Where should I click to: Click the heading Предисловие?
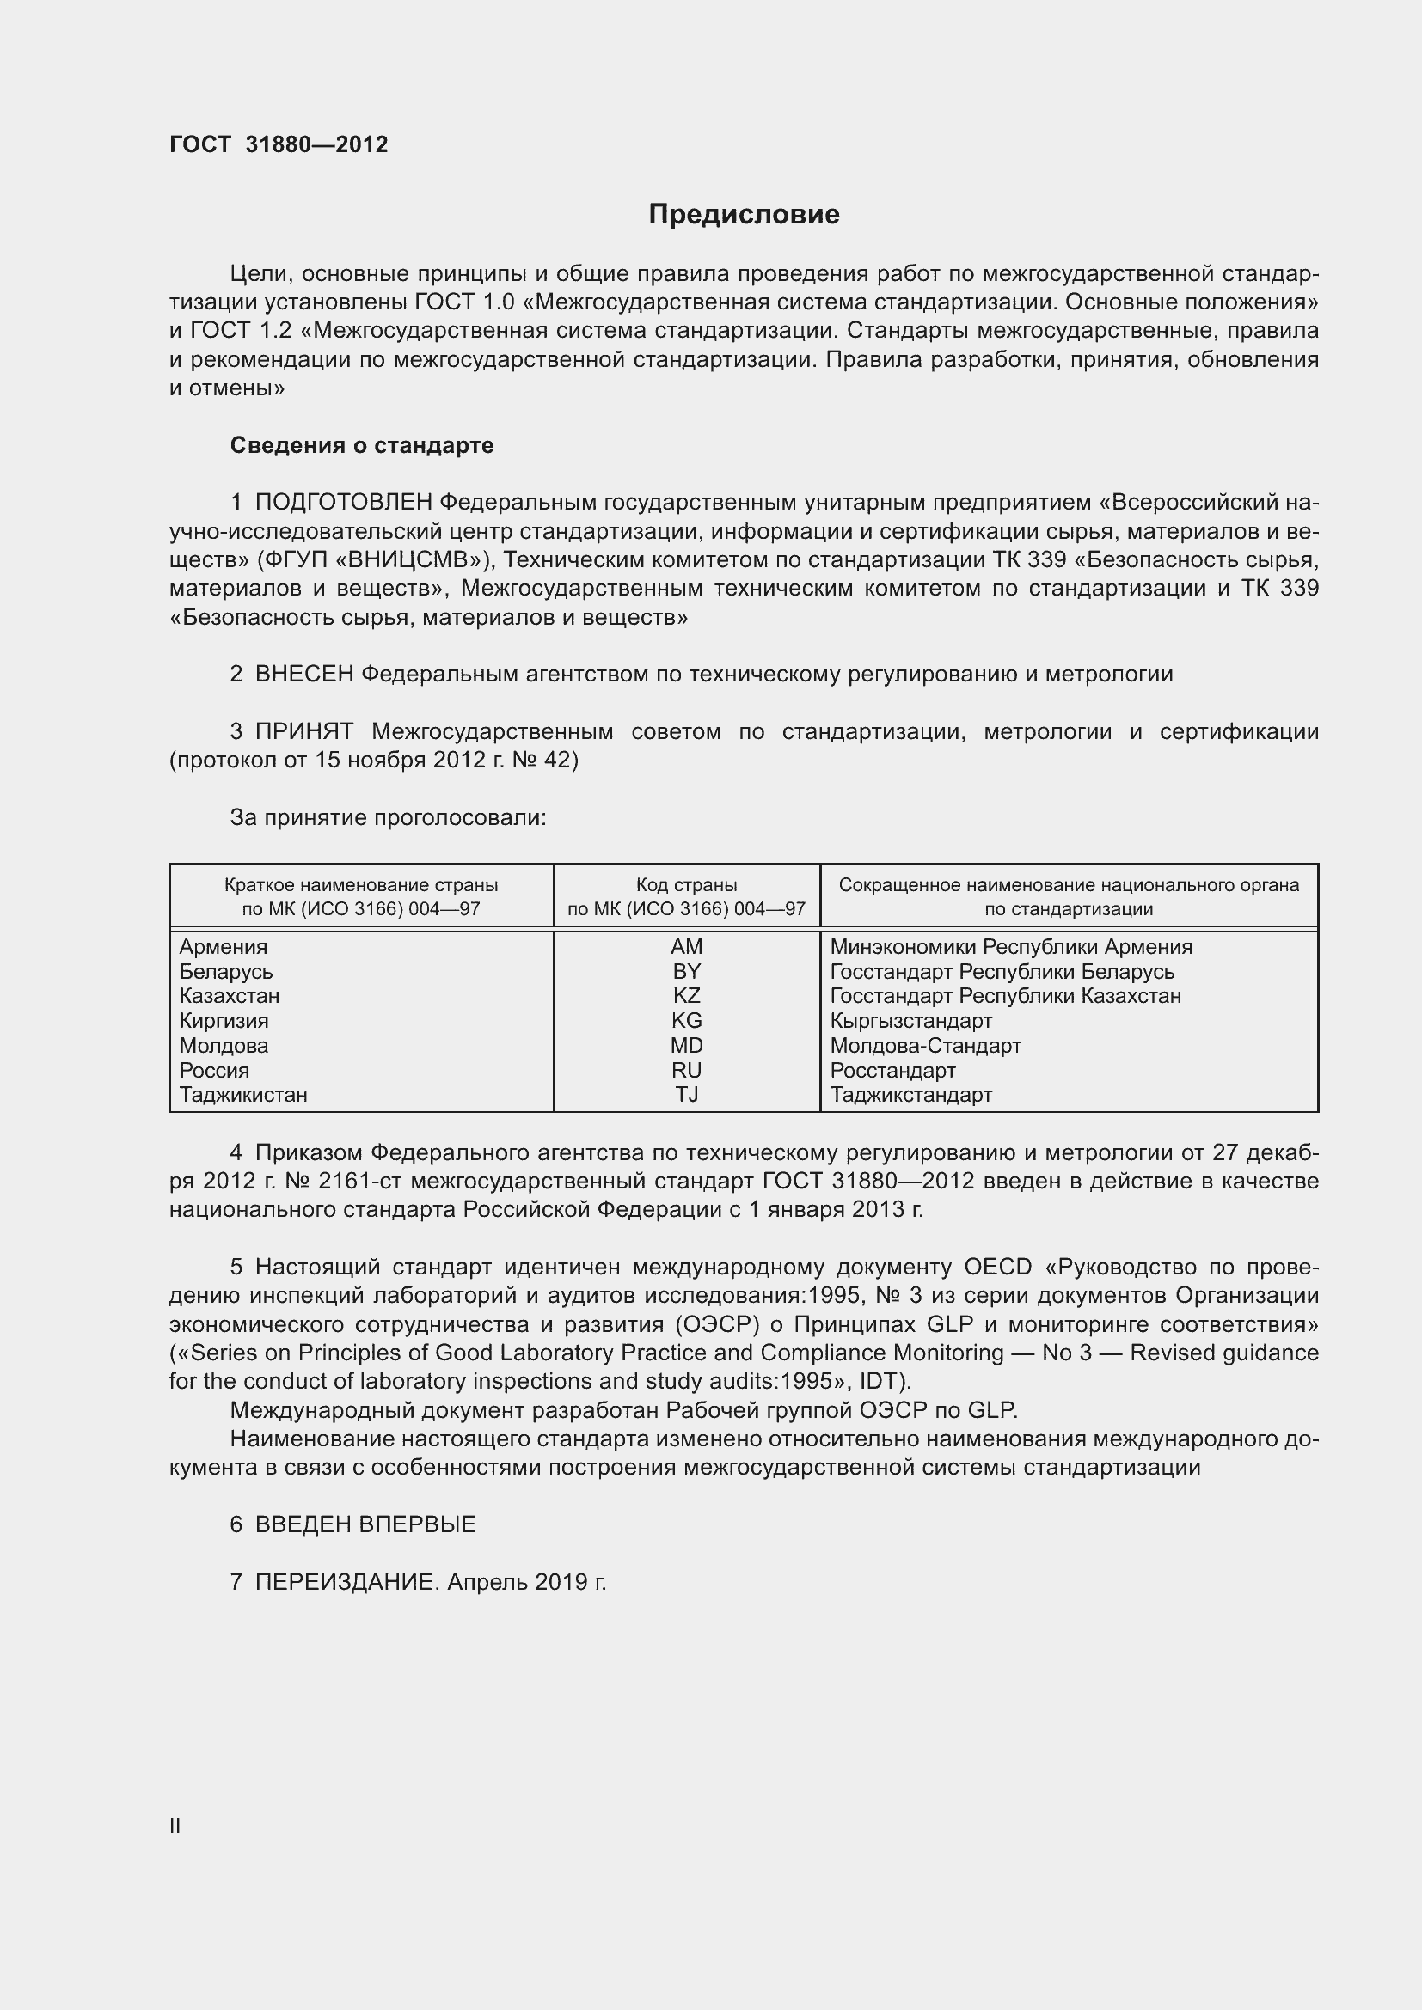744,215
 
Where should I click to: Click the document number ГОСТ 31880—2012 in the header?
279,144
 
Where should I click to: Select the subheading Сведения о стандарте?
362,446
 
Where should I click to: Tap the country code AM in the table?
686,946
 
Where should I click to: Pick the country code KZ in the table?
686,995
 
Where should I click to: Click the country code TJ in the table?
686,1094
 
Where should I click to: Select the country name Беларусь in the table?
226,972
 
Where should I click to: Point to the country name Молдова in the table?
224,1045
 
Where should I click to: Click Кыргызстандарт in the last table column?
910,1021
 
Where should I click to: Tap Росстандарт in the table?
892,1070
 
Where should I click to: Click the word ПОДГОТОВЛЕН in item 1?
343,503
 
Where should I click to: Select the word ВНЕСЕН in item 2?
303,674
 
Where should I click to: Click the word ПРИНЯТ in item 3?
303,731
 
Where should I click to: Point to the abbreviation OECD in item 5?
997,1267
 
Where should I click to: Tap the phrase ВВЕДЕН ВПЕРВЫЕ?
365,1524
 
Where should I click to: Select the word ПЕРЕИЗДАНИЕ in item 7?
346,1582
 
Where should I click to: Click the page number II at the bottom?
175,1826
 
